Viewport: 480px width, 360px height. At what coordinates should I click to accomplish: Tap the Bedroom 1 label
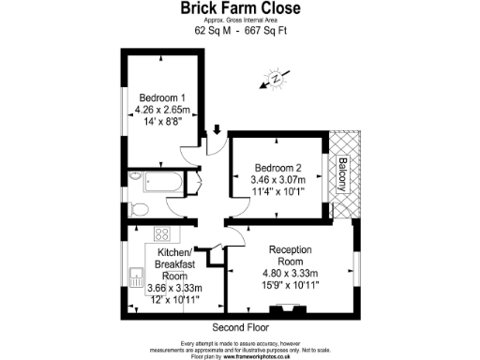click(162, 97)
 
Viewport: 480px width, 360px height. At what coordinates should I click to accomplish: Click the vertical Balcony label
click(343, 175)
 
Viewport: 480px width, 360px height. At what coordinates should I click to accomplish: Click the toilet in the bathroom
click(142, 208)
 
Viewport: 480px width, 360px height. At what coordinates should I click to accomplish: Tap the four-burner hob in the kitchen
click(161, 234)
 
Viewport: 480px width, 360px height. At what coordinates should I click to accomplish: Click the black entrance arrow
click(217, 132)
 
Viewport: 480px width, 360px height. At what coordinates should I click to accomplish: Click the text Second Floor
click(240, 328)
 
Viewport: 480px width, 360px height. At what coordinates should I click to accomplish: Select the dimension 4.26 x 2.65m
click(163, 110)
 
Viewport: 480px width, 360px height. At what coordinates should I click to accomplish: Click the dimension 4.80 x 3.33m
click(291, 274)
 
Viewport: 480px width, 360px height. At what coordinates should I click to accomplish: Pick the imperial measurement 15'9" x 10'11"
click(291, 286)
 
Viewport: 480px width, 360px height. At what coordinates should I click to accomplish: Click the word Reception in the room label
click(291, 249)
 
